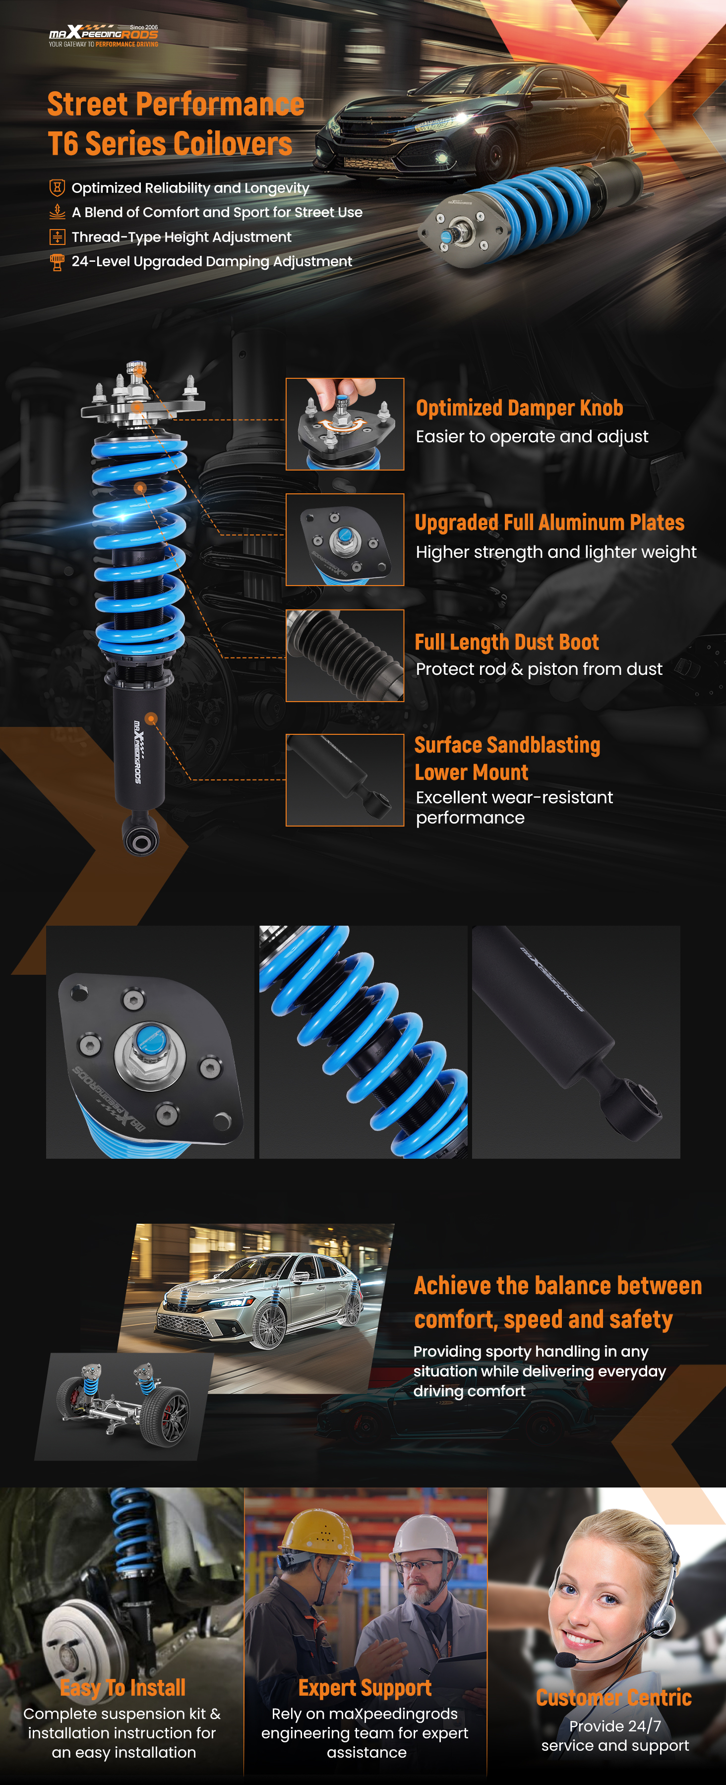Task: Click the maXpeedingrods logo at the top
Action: click(x=103, y=35)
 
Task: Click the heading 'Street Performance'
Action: click(x=176, y=105)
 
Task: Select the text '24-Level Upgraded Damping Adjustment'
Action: click(x=212, y=261)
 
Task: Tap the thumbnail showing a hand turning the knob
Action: click(x=345, y=424)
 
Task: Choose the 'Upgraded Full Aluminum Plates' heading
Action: click(x=549, y=523)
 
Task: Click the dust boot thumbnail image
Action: click(x=345, y=655)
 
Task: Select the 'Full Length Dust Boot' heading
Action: click(x=506, y=642)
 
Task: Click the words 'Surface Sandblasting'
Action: click(x=507, y=745)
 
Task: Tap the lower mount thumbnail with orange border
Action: click(x=345, y=780)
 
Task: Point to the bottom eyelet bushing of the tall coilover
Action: click(x=141, y=840)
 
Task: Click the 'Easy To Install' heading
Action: click(x=122, y=1687)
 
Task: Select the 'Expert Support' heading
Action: click(x=365, y=1688)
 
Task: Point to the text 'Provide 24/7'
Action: click(x=615, y=1726)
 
